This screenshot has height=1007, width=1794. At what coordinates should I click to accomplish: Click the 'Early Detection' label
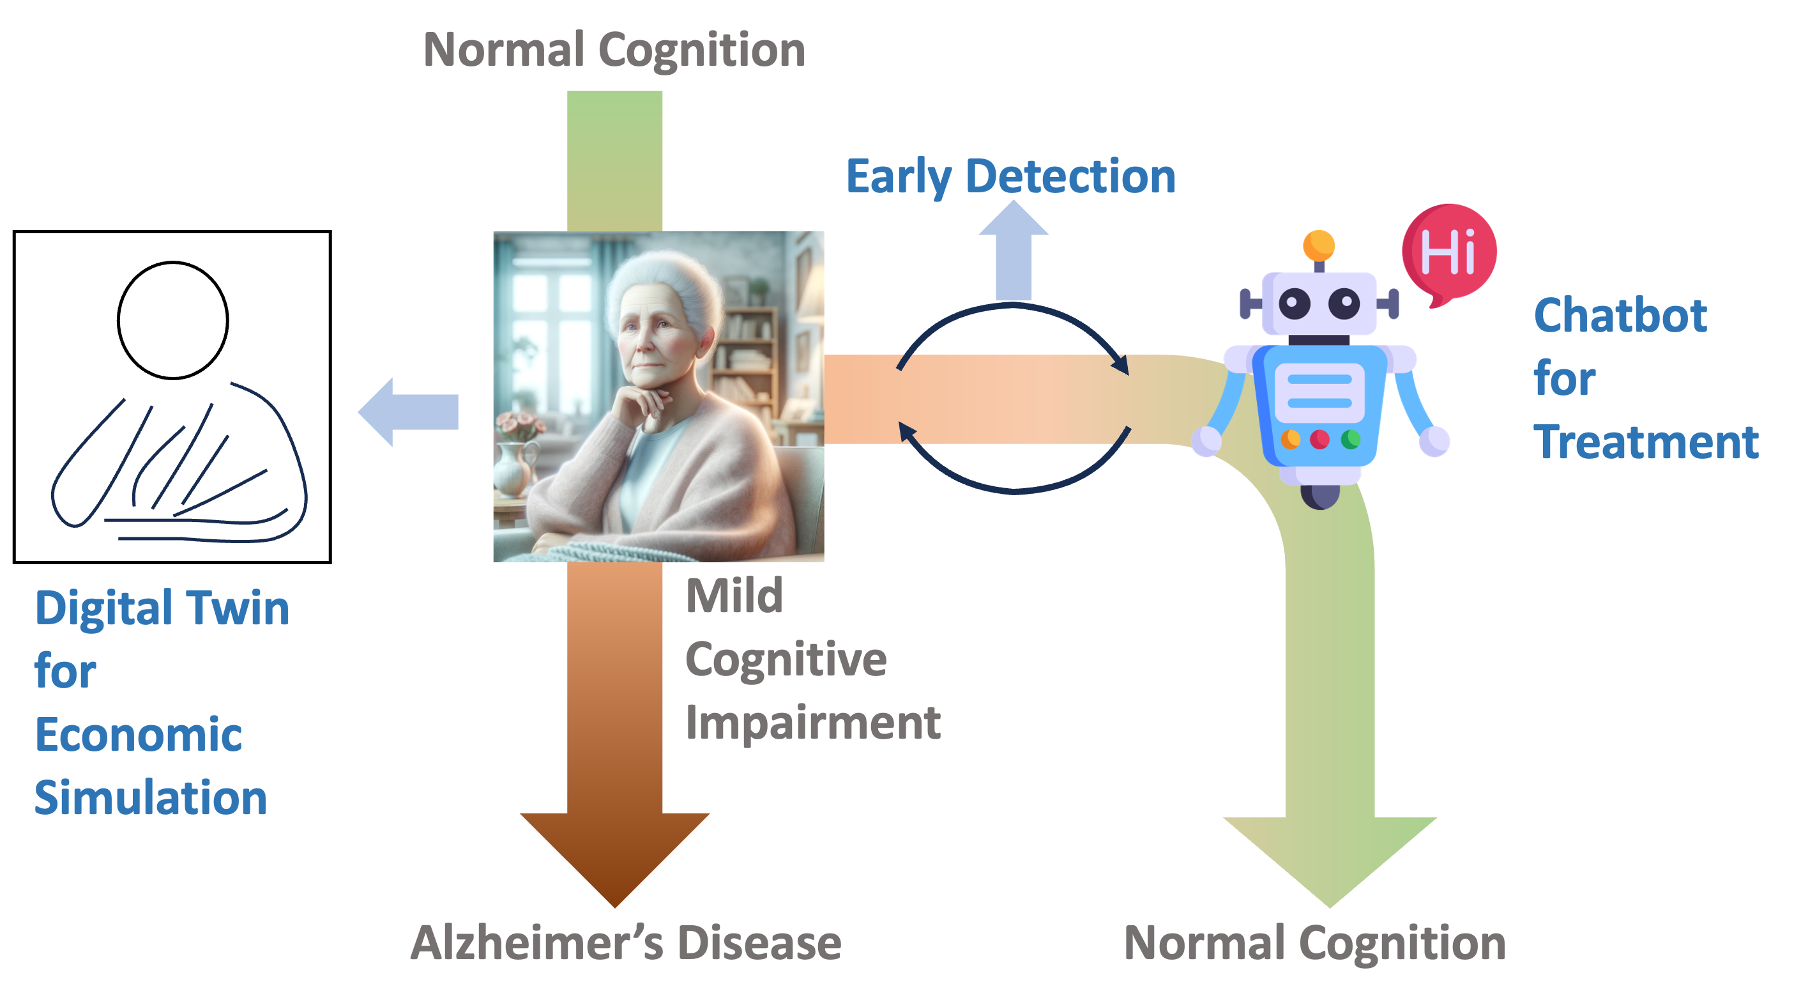coord(1010,176)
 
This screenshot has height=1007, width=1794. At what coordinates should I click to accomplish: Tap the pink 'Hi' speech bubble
coord(1449,251)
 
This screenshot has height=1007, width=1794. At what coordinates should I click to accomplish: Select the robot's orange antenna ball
coord(1318,245)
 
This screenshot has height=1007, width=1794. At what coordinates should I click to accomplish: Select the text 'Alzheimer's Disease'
coord(625,943)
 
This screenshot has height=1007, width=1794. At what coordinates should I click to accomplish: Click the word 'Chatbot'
coord(1620,316)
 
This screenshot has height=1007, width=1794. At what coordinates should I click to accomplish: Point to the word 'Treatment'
coord(1646,443)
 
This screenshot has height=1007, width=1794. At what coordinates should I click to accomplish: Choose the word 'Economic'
coord(139,735)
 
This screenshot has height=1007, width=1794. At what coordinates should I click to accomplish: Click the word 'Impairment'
coord(813,723)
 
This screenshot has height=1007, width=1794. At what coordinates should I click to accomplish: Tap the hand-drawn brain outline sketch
coord(179,463)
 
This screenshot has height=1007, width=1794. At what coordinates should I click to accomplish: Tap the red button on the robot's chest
coord(1319,440)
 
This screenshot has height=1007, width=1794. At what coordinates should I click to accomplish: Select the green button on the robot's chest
coord(1350,440)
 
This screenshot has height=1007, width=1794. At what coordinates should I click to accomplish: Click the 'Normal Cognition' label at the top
coord(614,50)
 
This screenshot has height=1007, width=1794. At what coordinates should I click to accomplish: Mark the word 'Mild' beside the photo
coord(734,597)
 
